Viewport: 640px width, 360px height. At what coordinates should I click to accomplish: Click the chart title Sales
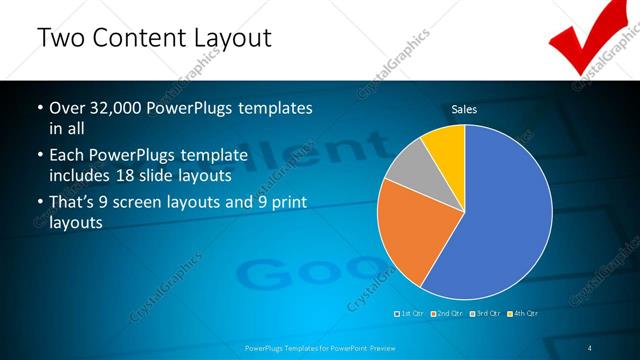464,109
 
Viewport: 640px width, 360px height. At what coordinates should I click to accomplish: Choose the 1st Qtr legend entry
410,314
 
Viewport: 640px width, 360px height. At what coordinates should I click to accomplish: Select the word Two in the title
61,39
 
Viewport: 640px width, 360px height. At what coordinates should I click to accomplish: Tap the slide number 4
590,348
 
